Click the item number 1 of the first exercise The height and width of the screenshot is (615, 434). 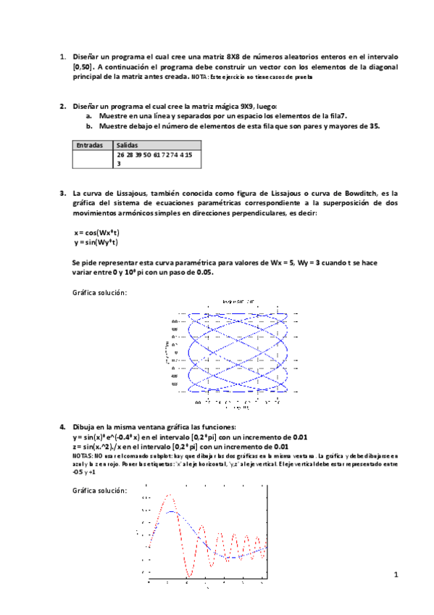[x=62, y=56]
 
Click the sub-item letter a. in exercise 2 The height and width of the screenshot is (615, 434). [x=89, y=116]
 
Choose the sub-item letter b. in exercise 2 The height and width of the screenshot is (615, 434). [x=89, y=125]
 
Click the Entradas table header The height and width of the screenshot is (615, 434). [x=88, y=145]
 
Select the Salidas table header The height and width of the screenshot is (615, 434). [x=127, y=145]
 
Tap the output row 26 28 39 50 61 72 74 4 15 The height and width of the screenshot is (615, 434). [x=154, y=154]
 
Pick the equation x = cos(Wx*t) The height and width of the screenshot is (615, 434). [x=96, y=232]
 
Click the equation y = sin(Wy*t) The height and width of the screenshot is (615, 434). [x=96, y=242]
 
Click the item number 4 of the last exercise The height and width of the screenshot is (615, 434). [x=62, y=426]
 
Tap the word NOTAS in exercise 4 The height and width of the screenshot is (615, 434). [x=83, y=456]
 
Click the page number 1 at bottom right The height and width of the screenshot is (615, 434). [x=396, y=575]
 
